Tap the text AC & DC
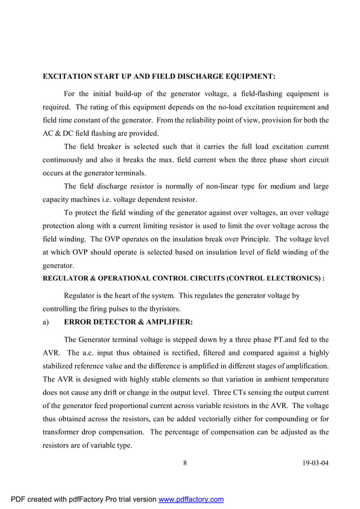[59, 134]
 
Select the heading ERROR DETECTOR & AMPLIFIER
[129, 322]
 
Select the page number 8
[185, 463]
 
